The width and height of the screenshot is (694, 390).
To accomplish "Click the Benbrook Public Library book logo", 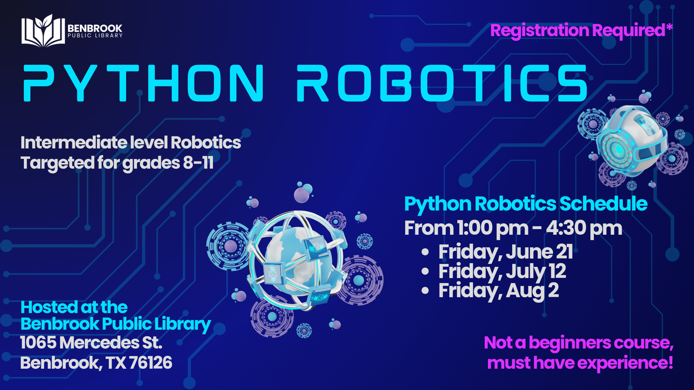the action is pyautogui.click(x=43, y=31).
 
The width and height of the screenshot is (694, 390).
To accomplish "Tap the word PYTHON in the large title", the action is pyautogui.click(x=144, y=83).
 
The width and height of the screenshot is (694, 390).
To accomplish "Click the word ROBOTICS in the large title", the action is pyautogui.click(x=442, y=83).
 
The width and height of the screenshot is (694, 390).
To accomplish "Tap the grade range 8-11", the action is pyautogui.click(x=198, y=162).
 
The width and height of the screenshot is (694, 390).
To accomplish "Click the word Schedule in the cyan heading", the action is pyautogui.click(x=603, y=204).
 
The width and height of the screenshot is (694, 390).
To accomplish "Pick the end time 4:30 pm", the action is pyautogui.click(x=584, y=229).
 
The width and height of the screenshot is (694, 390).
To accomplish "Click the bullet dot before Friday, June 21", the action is pyautogui.click(x=425, y=252).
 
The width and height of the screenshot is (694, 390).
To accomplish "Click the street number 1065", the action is pyautogui.click(x=38, y=343).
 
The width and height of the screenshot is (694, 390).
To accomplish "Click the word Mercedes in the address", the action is pyautogui.click(x=99, y=343).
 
